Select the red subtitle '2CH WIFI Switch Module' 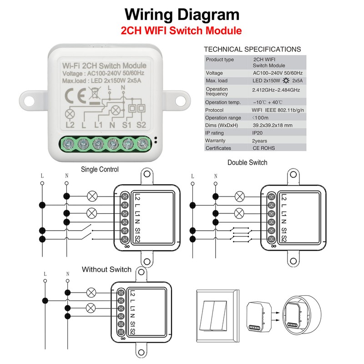(x=181, y=31)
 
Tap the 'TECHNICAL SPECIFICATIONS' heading (x=252, y=49)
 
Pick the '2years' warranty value (x=261, y=141)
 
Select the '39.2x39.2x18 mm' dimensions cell (x=279, y=125)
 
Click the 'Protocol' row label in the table (x=215, y=110)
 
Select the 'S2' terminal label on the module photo (x=141, y=125)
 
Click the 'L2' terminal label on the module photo (x=70, y=125)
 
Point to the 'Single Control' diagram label (x=100, y=170)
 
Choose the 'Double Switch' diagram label (x=247, y=162)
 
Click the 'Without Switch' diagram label (x=106, y=269)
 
